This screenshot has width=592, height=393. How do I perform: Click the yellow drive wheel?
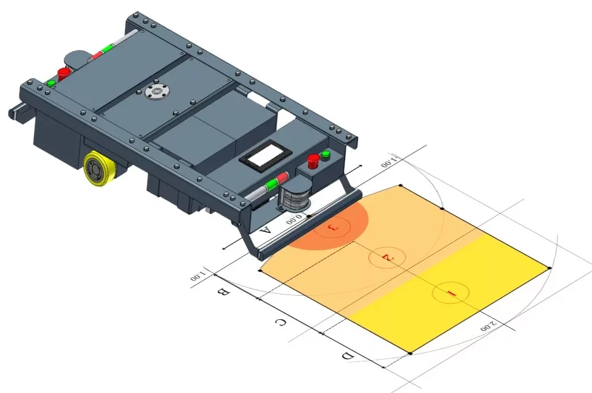click(x=97, y=170)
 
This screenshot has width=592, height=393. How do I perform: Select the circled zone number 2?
click(x=387, y=257)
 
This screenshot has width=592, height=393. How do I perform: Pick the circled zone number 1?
click(x=450, y=293)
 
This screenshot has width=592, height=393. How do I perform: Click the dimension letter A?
click(x=266, y=230)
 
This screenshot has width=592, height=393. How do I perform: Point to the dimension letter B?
click(x=222, y=292)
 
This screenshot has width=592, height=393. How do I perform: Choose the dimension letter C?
click(x=280, y=322)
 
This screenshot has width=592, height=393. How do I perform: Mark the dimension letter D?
click(x=348, y=356)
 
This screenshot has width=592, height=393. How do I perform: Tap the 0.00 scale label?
click(x=294, y=219)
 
